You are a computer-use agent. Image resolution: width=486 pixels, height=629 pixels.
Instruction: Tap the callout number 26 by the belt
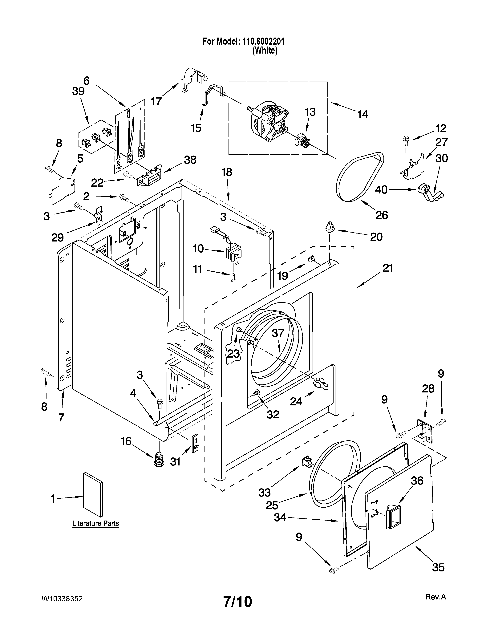point(382,215)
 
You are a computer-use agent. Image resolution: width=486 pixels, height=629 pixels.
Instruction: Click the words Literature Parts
point(96,523)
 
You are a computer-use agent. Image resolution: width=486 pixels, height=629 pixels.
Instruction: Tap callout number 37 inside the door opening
point(278,334)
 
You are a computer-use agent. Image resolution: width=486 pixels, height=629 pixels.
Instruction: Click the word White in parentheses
point(265,51)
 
